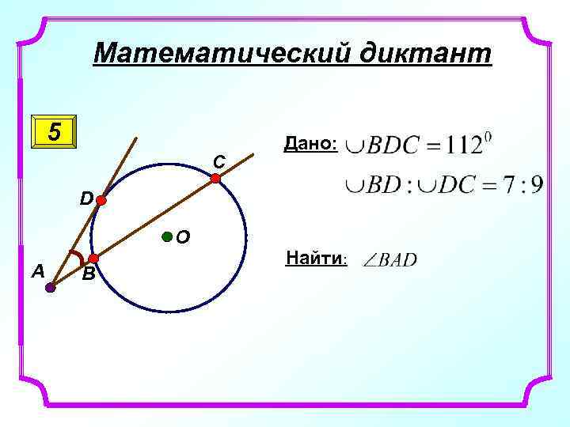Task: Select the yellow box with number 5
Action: click(53, 131)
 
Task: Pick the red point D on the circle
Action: click(101, 201)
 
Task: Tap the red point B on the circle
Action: click(93, 259)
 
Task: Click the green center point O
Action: click(166, 236)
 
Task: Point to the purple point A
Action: click(50, 288)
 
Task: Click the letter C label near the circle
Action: click(218, 162)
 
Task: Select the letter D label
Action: click(85, 197)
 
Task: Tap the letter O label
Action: click(183, 236)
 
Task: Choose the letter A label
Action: click(36, 271)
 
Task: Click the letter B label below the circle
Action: click(89, 275)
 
